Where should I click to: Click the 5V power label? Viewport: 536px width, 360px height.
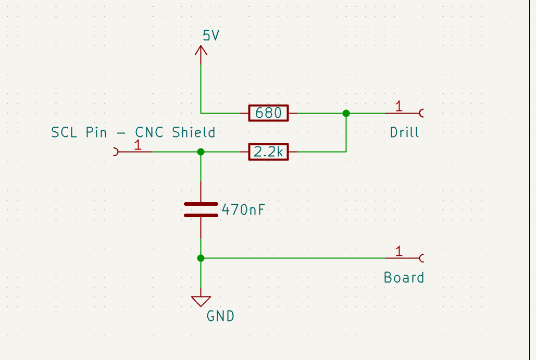click(x=211, y=36)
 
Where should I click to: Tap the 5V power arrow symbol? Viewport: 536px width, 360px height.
click(x=201, y=51)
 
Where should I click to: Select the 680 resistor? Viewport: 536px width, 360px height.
click(x=268, y=113)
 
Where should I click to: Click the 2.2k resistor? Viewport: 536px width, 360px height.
click(x=268, y=152)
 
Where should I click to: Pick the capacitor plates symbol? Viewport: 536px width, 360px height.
click(x=201, y=209)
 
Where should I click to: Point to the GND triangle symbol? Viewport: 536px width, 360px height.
click(x=201, y=301)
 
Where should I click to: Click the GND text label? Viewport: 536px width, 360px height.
click(x=220, y=316)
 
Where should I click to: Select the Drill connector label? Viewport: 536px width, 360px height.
click(x=404, y=132)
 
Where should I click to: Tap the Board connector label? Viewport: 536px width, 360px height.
click(x=404, y=277)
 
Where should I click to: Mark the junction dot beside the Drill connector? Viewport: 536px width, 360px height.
click(x=346, y=113)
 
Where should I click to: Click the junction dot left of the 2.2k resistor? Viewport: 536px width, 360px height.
click(x=201, y=152)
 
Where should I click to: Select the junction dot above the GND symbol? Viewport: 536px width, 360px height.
click(x=201, y=258)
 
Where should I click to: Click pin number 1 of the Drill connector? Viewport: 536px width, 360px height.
click(x=398, y=106)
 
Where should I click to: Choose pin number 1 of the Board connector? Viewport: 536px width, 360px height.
click(x=398, y=252)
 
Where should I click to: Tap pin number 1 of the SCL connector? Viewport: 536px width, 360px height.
click(x=138, y=145)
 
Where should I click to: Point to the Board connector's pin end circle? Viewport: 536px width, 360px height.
click(x=421, y=258)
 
